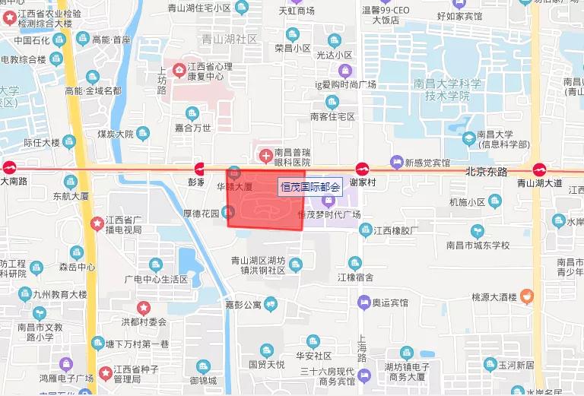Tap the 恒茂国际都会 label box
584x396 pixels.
[x=311, y=185]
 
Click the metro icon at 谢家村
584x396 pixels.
[x=363, y=169]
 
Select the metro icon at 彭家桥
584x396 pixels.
[x=199, y=169]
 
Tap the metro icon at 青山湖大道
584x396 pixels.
[x=539, y=169]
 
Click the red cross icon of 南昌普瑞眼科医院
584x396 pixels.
[x=265, y=157]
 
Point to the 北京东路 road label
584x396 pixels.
[x=487, y=172]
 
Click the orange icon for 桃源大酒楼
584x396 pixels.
[x=527, y=295]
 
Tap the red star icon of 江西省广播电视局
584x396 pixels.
[x=97, y=223]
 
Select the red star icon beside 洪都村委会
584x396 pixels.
[x=143, y=307]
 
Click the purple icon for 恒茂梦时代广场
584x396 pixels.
[x=328, y=201]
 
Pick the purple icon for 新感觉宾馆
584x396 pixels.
[x=395, y=161]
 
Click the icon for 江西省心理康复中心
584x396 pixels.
[x=179, y=71]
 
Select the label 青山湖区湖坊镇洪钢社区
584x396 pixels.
[x=259, y=265]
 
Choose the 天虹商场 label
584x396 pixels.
[x=296, y=11]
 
